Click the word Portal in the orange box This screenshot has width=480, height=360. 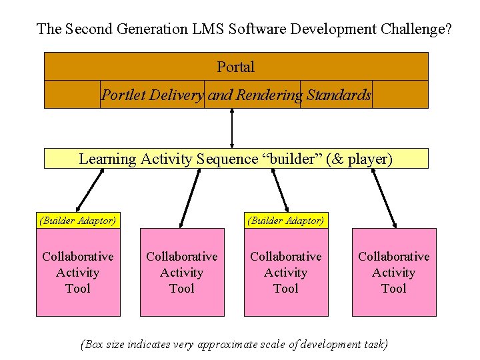(x=235, y=67)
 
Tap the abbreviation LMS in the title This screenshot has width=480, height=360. (x=209, y=29)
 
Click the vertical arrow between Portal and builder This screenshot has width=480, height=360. (x=232, y=127)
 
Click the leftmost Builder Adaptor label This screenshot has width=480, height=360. (x=78, y=220)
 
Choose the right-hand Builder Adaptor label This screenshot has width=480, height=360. (x=285, y=220)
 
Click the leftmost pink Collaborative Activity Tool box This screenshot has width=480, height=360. (x=78, y=272)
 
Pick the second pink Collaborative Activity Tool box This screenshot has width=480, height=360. (x=182, y=272)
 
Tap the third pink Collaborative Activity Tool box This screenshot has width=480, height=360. (x=285, y=272)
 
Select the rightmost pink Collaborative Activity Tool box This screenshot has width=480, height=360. (x=394, y=272)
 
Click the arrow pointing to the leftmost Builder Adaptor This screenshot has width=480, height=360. (x=91, y=190)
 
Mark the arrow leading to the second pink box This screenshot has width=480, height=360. (x=190, y=198)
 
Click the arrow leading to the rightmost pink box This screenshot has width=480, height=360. (x=383, y=198)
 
